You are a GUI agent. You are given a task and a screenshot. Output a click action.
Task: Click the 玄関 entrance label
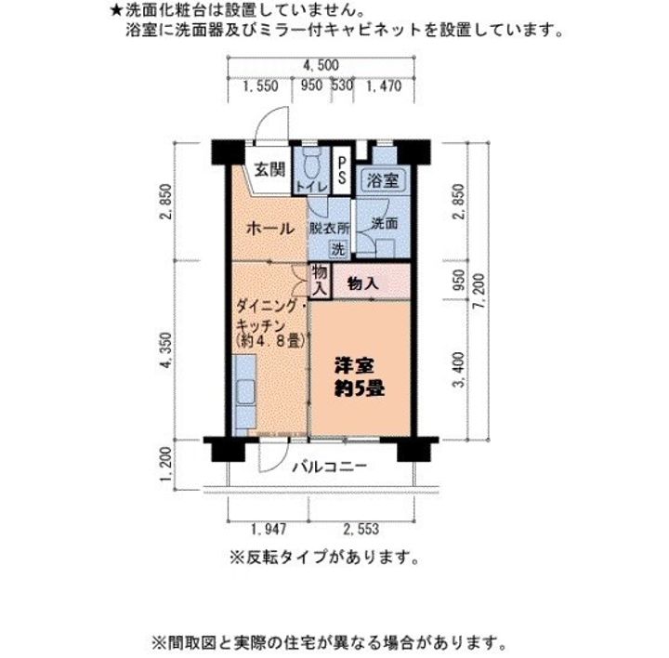270,170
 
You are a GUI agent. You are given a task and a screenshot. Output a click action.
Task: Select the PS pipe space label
342,169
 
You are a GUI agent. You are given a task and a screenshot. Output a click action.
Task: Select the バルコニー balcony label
329,467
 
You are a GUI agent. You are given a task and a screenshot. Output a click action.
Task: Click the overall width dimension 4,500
320,64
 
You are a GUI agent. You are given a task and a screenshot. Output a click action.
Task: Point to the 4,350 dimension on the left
168,351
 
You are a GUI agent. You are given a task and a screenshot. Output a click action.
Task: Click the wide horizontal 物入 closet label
362,283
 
